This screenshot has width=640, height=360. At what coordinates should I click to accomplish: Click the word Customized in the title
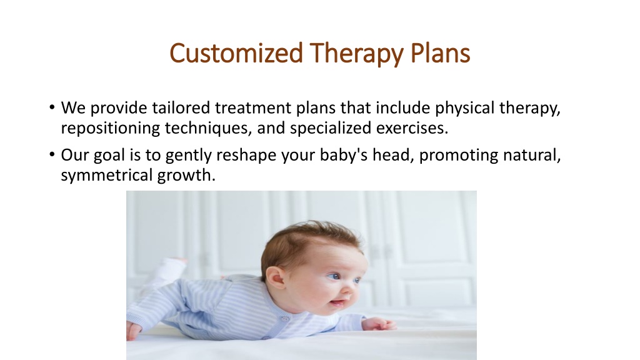(x=236, y=53)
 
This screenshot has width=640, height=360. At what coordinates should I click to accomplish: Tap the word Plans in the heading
(x=440, y=53)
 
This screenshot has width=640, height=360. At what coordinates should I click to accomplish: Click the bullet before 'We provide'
(x=52, y=107)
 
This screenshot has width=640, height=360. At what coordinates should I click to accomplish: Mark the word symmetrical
(x=106, y=176)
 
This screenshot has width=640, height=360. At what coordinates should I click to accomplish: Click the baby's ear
(x=274, y=278)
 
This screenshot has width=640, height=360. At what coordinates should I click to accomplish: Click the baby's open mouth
(x=337, y=303)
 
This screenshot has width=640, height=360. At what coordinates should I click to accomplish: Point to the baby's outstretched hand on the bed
(x=379, y=324)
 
